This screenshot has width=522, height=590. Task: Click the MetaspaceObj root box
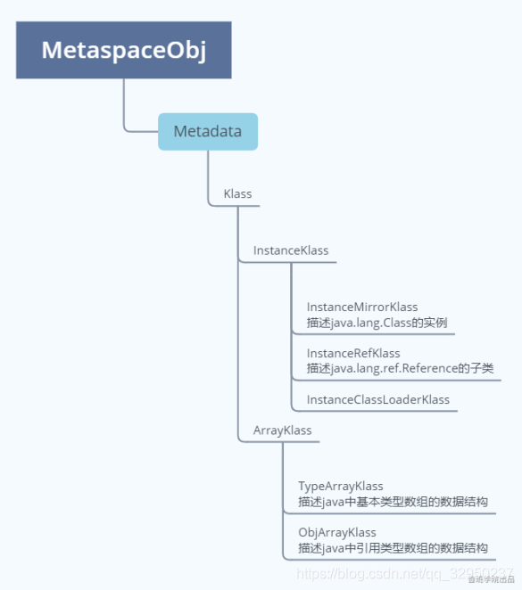coord(123,50)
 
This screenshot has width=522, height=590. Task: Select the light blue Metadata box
coord(208,132)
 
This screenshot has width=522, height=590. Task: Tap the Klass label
coord(237,193)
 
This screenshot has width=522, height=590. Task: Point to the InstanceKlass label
coord(291,250)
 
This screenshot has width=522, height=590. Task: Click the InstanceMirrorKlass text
coord(362,307)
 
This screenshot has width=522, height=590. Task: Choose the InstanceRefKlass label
coord(353,353)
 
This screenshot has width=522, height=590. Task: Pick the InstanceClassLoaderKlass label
coord(378,399)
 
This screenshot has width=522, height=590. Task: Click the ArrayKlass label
coord(282,430)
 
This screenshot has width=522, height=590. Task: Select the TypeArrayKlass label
coord(341,487)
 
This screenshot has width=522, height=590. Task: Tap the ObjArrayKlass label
coord(337,533)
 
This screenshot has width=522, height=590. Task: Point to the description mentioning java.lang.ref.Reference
coord(400,368)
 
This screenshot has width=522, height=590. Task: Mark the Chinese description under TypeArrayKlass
coord(393,502)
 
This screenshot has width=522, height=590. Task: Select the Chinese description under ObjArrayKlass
coord(393,548)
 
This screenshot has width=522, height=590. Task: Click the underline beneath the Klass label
coord(236,206)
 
